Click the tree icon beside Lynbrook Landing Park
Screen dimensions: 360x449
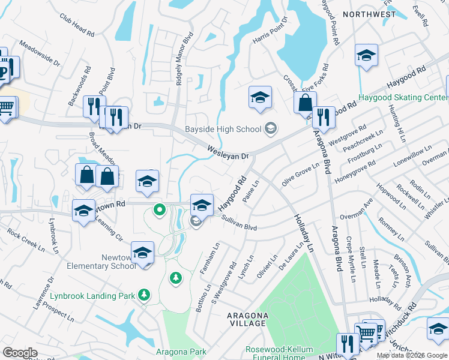click(143, 294)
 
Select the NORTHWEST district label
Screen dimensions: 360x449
click(370, 14)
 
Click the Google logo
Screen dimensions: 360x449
click(19, 352)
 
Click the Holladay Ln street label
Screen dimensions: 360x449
click(304, 232)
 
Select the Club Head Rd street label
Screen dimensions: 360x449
click(77, 25)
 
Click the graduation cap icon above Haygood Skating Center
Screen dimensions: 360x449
click(366, 55)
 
